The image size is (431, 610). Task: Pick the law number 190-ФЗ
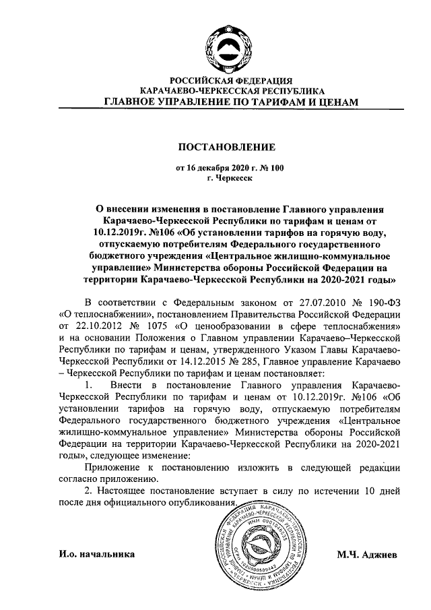(383, 303)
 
